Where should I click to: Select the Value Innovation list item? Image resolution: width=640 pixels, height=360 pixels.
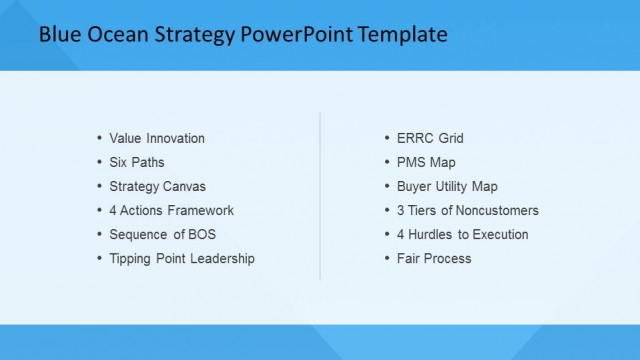coord(157,138)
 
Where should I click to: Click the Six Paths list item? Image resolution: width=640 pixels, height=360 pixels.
coord(137,162)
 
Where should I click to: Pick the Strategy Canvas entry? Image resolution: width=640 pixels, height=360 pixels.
coord(158,186)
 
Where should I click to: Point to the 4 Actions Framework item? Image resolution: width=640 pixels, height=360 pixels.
coord(171,210)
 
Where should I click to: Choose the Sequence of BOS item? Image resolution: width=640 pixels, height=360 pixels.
coord(162,234)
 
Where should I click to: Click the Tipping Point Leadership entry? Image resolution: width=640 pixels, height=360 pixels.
coord(182,258)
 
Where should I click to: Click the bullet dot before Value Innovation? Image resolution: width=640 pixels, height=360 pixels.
coord(99,138)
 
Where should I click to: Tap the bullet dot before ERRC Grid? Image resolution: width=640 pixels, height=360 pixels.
coord(388,138)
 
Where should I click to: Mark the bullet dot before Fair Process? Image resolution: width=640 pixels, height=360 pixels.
coord(388,258)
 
